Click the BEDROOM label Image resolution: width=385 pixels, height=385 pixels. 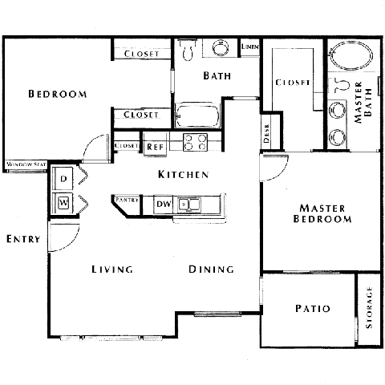pyautogui.click(x=57, y=95)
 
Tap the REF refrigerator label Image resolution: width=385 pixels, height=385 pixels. pyautogui.click(x=154, y=147)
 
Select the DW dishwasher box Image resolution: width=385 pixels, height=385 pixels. pyautogui.click(x=163, y=205)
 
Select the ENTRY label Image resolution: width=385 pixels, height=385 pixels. pyautogui.click(x=22, y=239)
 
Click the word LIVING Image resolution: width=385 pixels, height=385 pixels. pyautogui.click(x=111, y=269)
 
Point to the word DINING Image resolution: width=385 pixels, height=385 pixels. pyautogui.click(x=212, y=269)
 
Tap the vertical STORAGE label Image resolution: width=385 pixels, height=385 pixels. pyautogui.click(x=370, y=310)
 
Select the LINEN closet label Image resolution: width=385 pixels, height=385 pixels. pyautogui.click(x=249, y=47)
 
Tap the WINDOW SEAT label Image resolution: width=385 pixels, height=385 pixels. pyautogui.click(x=26, y=165)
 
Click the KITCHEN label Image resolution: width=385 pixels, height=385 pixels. pyautogui.click(x=183, y=174)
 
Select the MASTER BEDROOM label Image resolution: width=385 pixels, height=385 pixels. pyautogui.click(x=322, y=213)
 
